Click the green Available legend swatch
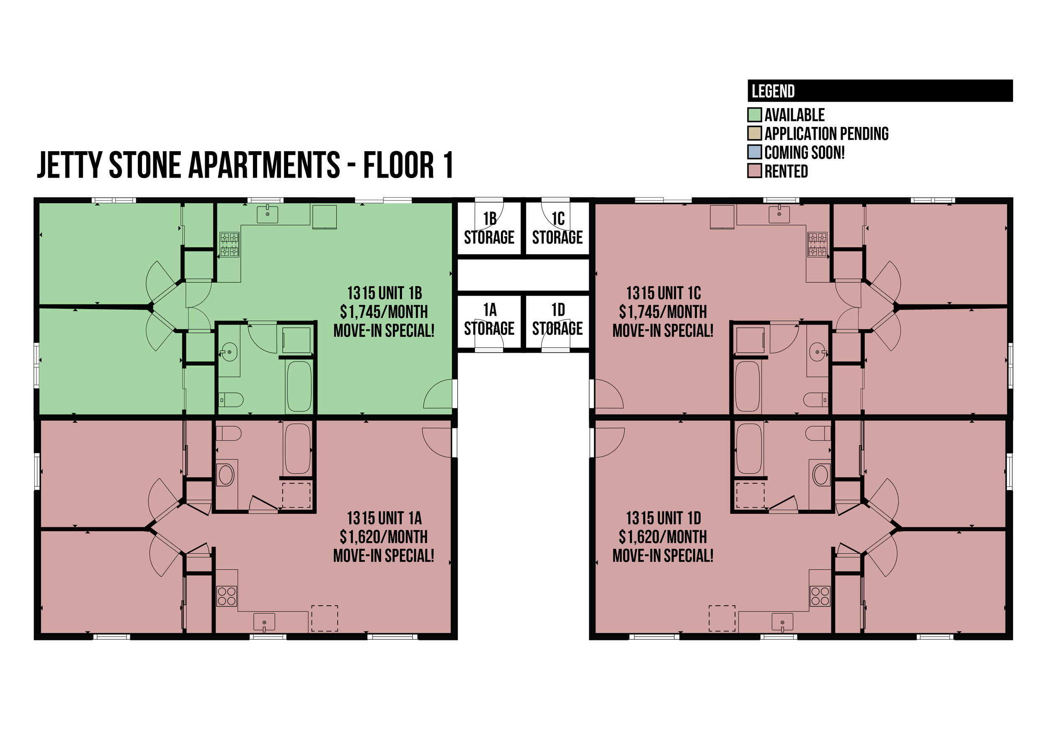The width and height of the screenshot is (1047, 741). (755, 114)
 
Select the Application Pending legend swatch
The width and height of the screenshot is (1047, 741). (755, 133)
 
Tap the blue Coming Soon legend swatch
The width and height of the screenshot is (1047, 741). (755, 152)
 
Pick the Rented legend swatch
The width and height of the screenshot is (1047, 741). (755, 170)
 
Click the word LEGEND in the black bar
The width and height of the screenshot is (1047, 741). (773, 91)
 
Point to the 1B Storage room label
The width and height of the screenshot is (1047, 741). (489, 228)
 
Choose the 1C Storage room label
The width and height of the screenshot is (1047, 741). (557, 228)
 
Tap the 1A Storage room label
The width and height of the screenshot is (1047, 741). (489, 319)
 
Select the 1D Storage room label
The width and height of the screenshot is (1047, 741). (557, 319)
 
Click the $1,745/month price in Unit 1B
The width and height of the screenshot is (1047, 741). (384, 312)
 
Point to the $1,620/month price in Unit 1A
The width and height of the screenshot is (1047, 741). (384, 537)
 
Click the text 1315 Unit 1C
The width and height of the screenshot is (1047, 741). (663, 293)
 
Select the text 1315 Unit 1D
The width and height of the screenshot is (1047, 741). (663, 518)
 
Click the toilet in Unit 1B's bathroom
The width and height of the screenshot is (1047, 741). (231, 400)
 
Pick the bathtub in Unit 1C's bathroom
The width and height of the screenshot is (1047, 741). (747, 387)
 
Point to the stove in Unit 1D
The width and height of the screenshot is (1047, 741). (820, 596)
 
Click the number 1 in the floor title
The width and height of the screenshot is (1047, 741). (448, 165)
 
